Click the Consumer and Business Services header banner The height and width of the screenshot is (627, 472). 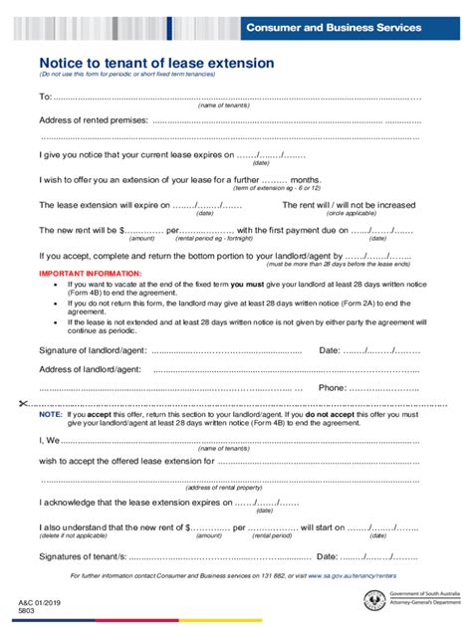pyautogui.click(x=350, y=28)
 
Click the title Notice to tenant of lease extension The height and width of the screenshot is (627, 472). pyautogui.click(x=156, y=63)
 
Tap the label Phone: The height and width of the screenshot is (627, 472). pyautogui.click(x=333, y=387)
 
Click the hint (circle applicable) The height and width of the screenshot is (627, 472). pyautogui.click(x=352, y=213)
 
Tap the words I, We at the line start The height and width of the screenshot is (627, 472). pyautogui.click(x=50, y=439)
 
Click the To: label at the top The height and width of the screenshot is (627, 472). pyautogui.click(x=45, y=97)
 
